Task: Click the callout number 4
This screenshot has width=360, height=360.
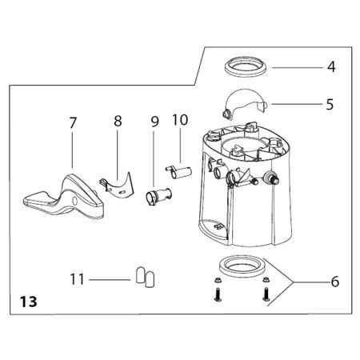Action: click(x=331, y=66)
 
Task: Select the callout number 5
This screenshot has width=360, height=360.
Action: click(x=330, y=104)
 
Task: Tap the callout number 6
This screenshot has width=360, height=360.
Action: click(x=334, y=282)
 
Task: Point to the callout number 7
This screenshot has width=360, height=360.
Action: click(x=73, y=122)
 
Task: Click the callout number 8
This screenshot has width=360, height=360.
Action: click(x=118, y=121)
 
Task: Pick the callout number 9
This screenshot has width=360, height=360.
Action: click(x=154, y=122)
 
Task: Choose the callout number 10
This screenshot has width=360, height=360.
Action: click(x=180, y=120)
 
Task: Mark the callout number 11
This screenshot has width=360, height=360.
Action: click(x=77, y=279)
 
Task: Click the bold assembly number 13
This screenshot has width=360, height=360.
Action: click(x=28, y=302)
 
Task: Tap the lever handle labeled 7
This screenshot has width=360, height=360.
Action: click(x=64, y=198)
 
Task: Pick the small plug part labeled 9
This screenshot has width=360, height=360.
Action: click(x=158, y=196)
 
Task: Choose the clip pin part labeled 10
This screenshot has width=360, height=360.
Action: click(x=178, y=172)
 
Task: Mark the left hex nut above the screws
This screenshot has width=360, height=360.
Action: click(x=217, y=280)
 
